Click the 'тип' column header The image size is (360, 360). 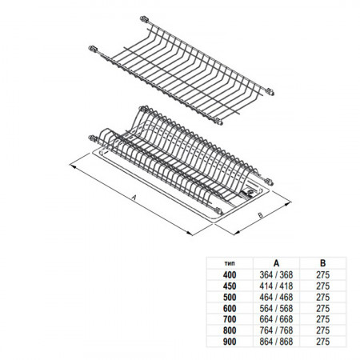pos(230,263)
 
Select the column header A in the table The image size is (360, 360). pos(276,263)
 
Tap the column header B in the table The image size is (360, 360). pos(322,263)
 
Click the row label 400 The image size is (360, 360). pos(230,274)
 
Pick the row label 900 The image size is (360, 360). pos(230,342)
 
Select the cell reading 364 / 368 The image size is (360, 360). pos(276,274)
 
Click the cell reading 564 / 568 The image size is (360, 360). pos(276,308)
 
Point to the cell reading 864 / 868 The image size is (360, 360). pos(276,342)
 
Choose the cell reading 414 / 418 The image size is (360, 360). pos(276,286)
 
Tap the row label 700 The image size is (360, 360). pos(230,319)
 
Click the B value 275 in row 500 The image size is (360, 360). pos(323,297)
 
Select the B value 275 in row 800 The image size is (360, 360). pos(323,330)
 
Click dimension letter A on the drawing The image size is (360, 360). pos(134,198)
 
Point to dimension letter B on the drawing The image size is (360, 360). pos(261,215)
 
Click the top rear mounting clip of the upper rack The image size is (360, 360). pos(145,19)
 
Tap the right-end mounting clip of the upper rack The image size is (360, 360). pos(270,92)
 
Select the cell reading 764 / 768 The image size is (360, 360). pos(276,330)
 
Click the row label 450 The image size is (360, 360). pos(230,286)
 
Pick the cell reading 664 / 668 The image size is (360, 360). pos(276,319)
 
